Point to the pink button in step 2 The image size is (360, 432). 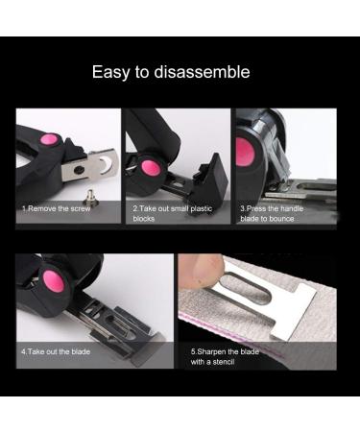tap(150, 169)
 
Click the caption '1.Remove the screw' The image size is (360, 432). tap(57, 207)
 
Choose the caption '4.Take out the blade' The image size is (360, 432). tap(58, 351)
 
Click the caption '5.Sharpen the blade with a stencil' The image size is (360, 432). tap(227, 356)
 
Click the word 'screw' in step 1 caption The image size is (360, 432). tap(82, 207)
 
